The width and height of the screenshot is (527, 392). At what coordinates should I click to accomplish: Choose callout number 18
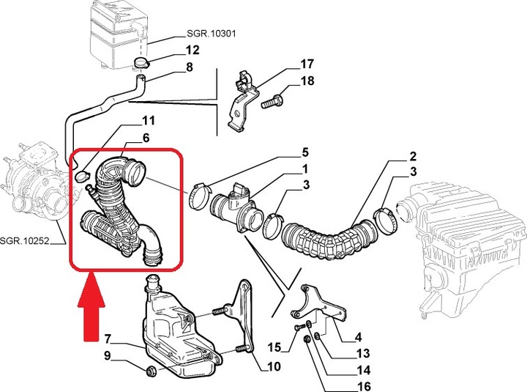[x=307, y=81]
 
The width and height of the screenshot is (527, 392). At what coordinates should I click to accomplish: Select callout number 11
[x=149, y=120]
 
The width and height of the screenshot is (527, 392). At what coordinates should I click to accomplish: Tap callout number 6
[x=146, y=137]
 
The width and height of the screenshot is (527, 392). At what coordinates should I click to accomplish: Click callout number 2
[x=413, y=157]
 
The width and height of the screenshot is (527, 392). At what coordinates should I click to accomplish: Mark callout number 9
[x=107, y=356]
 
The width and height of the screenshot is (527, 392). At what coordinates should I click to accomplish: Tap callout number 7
[x=107, y=339]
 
